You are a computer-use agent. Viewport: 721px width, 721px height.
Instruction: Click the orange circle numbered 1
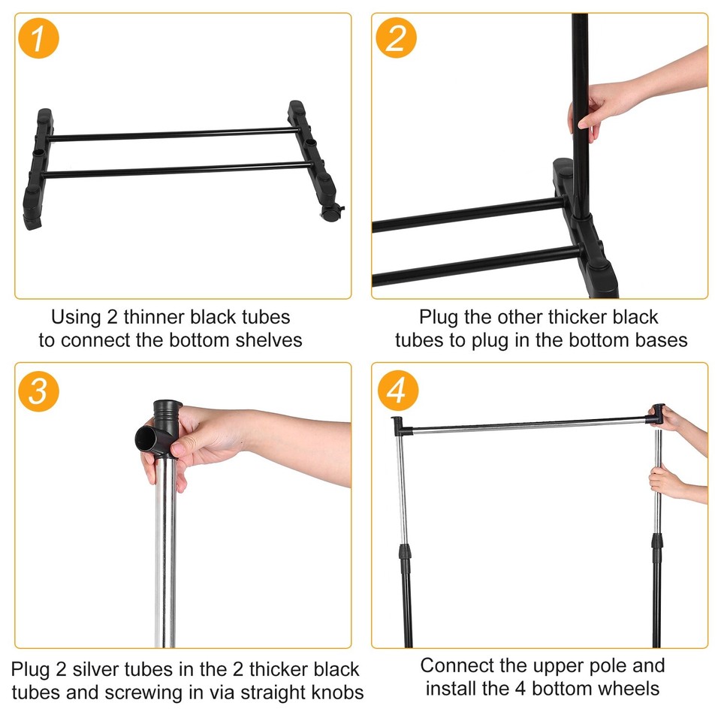pyautogui.click(x=38, y=38)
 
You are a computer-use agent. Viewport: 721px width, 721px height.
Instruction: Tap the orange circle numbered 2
pyautogui.click(x=396, y=38)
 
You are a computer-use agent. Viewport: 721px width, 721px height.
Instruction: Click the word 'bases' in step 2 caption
pyautogui.click(x=662, y=340)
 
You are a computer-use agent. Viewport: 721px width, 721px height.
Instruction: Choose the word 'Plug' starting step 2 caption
pyautogui.click(x=437, y=318)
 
